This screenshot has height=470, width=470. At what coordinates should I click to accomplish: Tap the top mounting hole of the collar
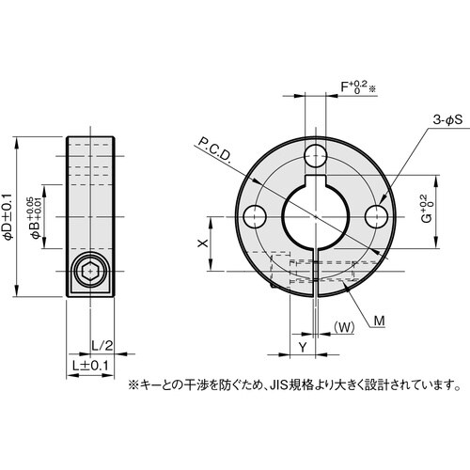[316, 154]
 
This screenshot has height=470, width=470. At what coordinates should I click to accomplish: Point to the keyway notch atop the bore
[316, 183]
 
